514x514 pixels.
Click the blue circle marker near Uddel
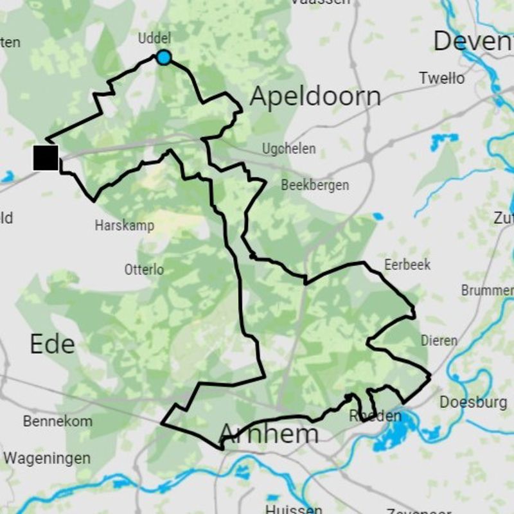164,58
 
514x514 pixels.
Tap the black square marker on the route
46,158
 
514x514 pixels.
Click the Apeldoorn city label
315,97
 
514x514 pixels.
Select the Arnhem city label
269,434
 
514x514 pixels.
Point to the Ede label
52,344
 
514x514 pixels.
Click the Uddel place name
154,39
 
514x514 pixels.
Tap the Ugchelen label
288,149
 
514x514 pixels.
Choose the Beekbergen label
315,186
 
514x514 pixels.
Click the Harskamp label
124,226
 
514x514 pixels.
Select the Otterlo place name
144,270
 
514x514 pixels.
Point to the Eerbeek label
407,265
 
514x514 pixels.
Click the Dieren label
439,341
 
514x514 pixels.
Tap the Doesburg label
473,403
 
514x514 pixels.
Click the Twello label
441,78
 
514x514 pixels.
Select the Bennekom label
58,422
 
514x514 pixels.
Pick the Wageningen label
47,459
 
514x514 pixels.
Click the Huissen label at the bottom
294,509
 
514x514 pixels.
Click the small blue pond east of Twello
444,139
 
